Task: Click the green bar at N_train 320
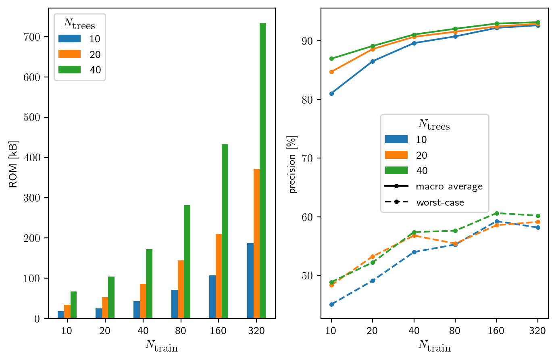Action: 263,171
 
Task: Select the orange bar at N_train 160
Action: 219,276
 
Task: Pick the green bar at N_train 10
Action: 73,305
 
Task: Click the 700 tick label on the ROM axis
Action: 32,37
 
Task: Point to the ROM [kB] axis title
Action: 13,164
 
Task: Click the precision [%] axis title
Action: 293,164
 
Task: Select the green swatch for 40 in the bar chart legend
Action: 69,70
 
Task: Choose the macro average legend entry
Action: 449,186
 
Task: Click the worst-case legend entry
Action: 440,202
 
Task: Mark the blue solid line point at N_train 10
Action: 331,94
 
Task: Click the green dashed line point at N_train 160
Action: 497,213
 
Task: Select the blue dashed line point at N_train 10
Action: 331,304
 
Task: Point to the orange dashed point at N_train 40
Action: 414,235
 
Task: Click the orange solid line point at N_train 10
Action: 331,72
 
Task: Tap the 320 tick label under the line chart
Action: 537,331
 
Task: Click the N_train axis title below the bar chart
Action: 162,346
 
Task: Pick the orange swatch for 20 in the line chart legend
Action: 396,155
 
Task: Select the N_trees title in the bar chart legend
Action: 79,24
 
